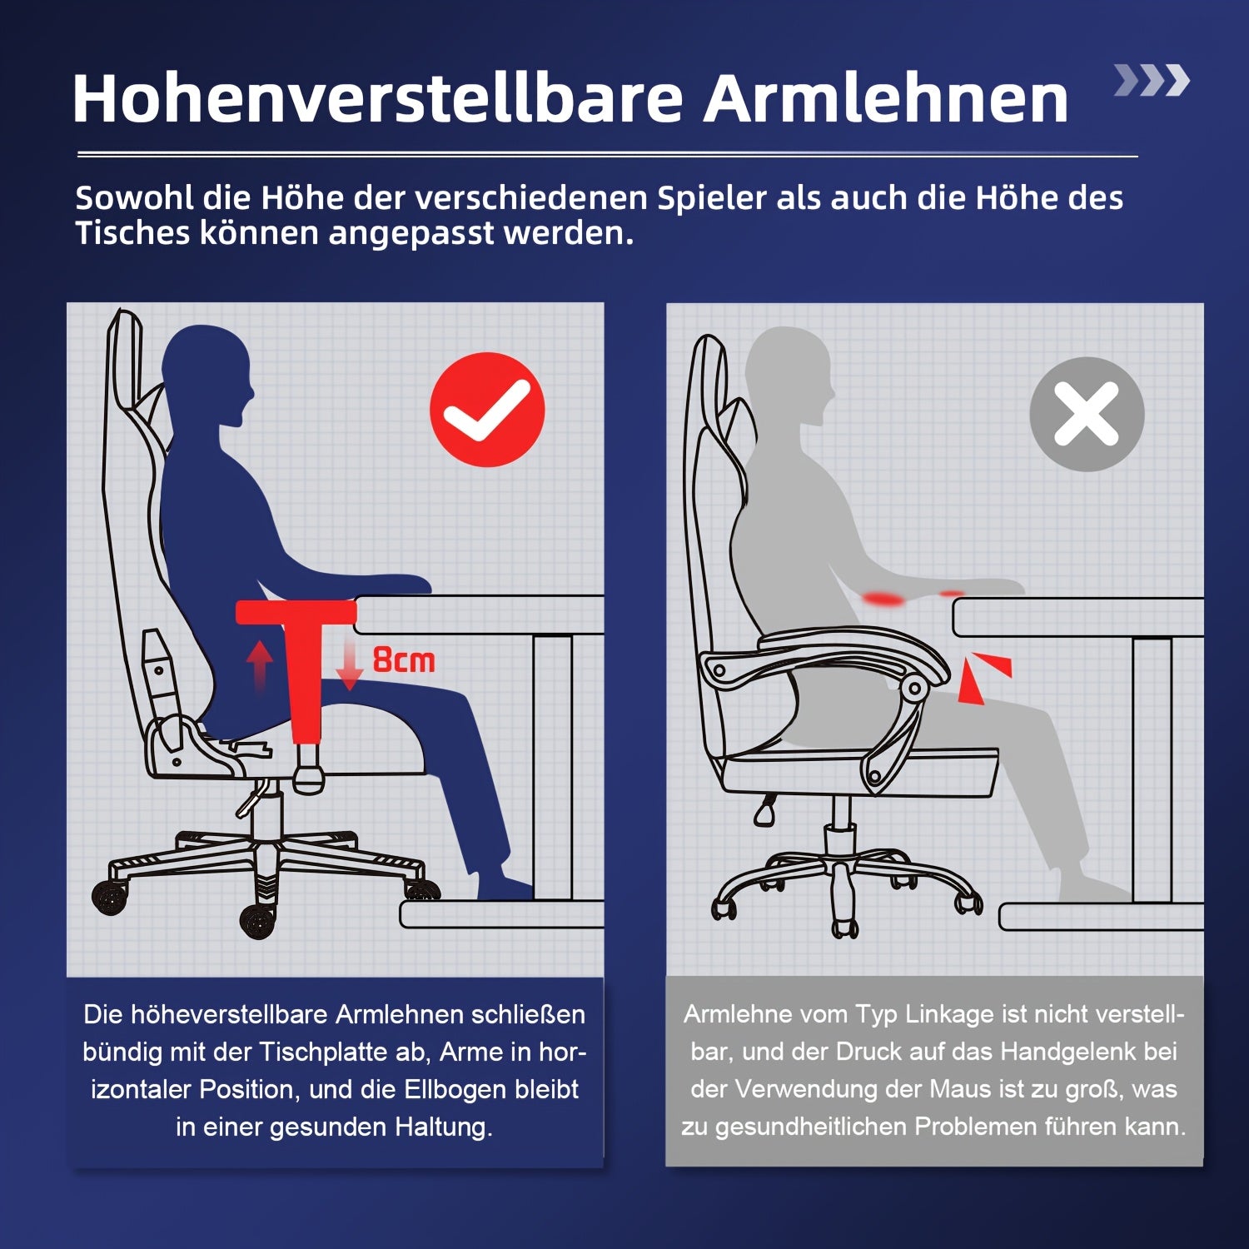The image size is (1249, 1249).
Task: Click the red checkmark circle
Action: [x=487, y=410]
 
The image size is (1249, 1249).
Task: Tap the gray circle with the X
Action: [x=1087, y=414]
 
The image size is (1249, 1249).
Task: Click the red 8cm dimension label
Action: [x=404, y=659]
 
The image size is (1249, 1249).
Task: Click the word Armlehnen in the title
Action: [x=886, y=99]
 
